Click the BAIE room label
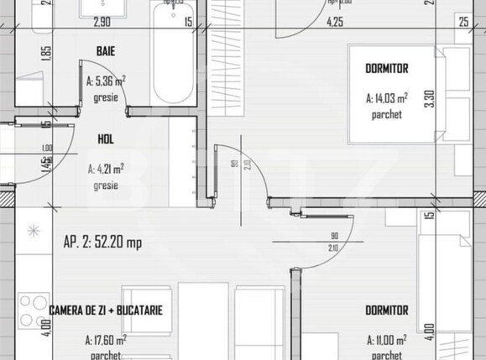(x=105, y=52)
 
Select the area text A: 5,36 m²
(x=106, y=81)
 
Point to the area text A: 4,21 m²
(x=106, y=168)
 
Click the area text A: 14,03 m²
(x=387, y=98)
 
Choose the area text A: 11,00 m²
(x=386, y=340)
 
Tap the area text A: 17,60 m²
(x=106, y=340)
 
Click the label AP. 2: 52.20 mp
(x=102, y=243)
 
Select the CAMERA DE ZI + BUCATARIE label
(x=105, y=310)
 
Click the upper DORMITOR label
(x=387, y=68)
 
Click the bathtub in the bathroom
(x=174, y=55)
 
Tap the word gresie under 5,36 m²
(x=106, y=98)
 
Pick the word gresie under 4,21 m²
(x=106, y=185)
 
